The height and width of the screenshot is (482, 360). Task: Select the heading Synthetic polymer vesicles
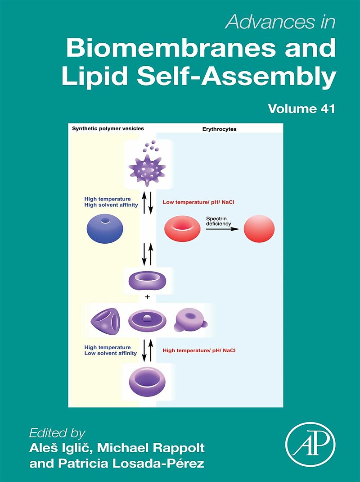108,128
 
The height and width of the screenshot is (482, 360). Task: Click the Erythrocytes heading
219,129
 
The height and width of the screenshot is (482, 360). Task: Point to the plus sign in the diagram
147,298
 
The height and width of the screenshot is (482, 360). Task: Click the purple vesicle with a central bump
147,321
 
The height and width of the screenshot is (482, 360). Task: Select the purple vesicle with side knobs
190,321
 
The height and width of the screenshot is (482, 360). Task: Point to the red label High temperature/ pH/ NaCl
199,350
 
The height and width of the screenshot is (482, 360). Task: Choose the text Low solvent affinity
108,354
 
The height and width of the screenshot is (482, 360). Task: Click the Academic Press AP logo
310,447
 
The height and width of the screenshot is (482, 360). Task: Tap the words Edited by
57,433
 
